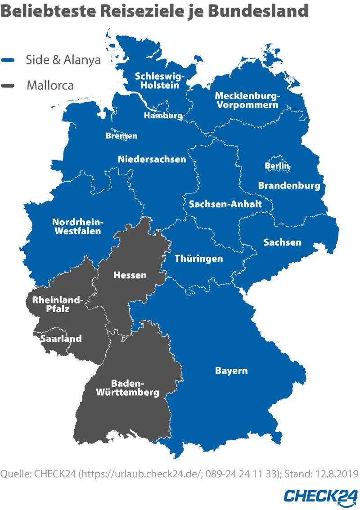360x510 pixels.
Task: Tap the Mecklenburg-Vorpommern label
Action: (x=247, y=100)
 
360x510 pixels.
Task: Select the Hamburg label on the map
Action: (x=163, y=116)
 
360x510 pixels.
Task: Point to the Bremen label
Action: (x=121, y=135)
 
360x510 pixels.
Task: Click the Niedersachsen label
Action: (x=152, y=159)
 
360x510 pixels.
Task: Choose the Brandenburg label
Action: (x=289, y=185)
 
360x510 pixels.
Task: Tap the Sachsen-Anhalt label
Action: (x=225, y=204)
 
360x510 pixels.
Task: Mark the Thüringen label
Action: (x=198, y=259)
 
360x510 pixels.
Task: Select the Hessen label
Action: (x=130, y=275)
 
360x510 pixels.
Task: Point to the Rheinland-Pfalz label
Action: (x=56, y=304)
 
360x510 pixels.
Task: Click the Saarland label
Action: (x=61, y=338)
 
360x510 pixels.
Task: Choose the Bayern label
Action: (x=231, y=371)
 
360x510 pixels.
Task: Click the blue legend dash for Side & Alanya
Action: (x=9, y=60)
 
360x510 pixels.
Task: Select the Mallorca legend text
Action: (x=50, y=85)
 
